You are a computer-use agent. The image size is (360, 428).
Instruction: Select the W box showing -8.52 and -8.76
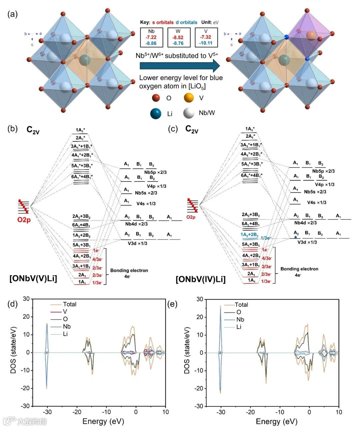[179, 37]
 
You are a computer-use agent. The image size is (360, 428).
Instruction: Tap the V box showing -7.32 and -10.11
[206, 37]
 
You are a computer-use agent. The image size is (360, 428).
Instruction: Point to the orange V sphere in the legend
[189, 98]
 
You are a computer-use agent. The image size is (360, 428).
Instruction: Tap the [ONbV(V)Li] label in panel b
[33, 278]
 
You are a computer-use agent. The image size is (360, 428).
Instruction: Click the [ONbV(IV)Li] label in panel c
[201, 279]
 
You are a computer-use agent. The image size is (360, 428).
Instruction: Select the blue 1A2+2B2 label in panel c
[249, 235]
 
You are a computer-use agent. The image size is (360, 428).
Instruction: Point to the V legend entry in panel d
[65, 312]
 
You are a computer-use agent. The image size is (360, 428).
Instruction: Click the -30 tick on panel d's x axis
[47, 412]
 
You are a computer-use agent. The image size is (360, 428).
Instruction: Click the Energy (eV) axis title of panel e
[276, 422]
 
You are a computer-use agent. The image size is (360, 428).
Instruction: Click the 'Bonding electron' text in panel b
[129, 271]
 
